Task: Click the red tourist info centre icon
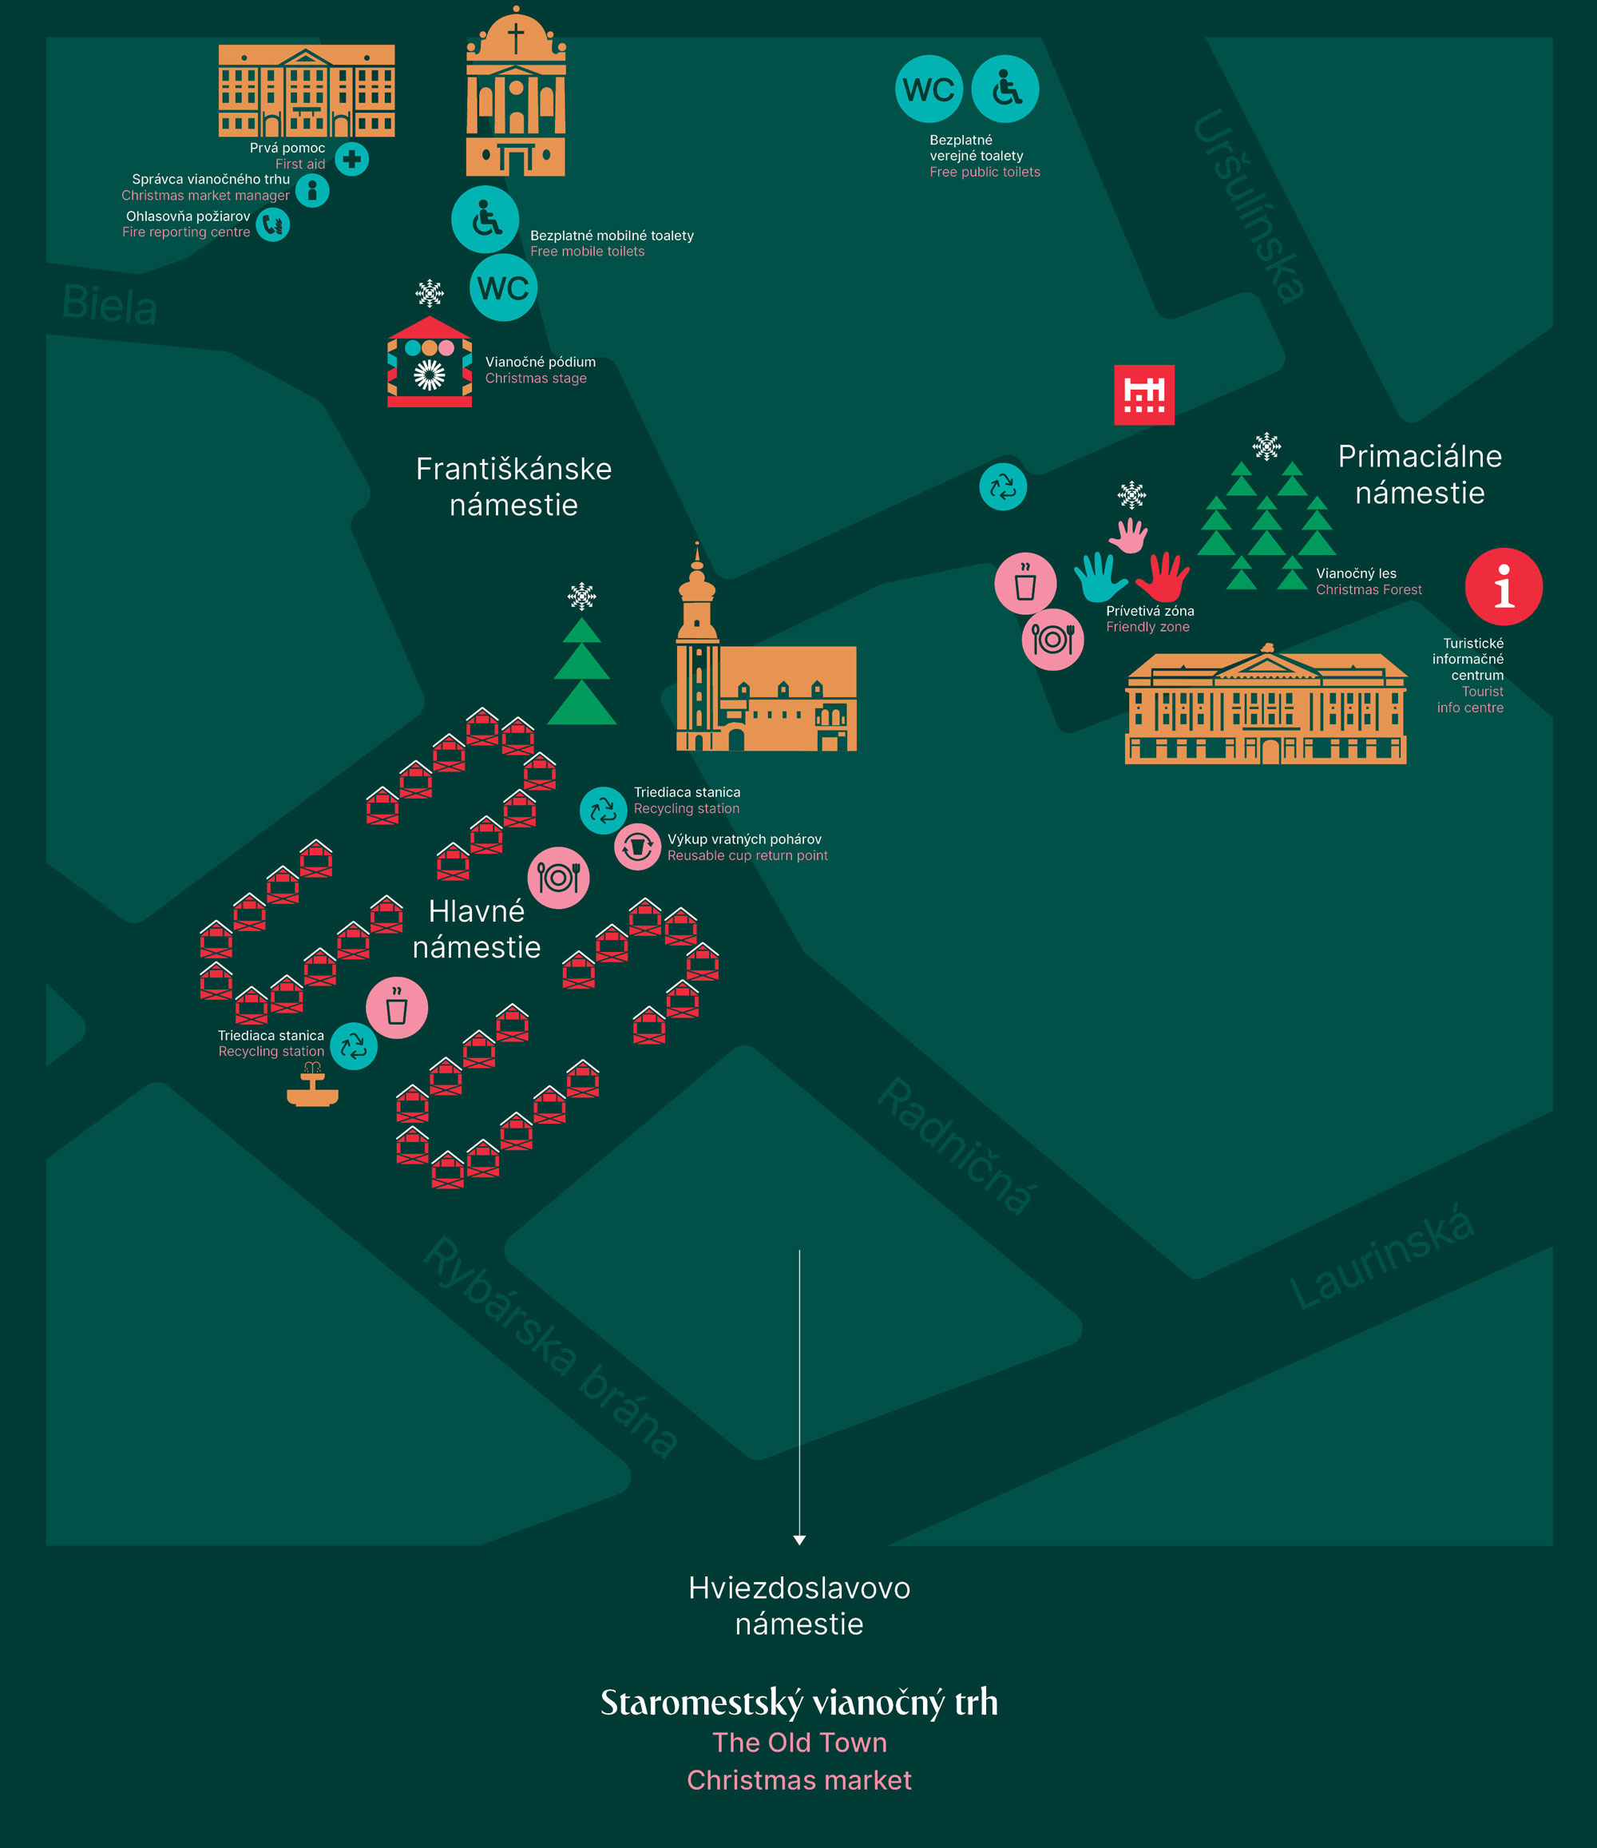[x=1504, y=586]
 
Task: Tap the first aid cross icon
[x=351, y=159]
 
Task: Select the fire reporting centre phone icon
[x=273, y=224]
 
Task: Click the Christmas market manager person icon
[x=312, y=190]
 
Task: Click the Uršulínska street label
[x=1248, y=205]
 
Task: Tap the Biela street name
[x=109, y=304]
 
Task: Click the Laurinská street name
[x=1381, y=1258]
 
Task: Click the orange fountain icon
[x=312, y=1087]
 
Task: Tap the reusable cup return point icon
[x=636, y=847]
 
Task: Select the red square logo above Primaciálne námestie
[x=1144, y=395]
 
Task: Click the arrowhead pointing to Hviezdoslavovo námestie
[x=799, y=1540]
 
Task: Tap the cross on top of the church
[x=515, y=38]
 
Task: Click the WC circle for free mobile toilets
[x=503, y=288]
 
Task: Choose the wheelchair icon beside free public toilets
[x=1005, y=89]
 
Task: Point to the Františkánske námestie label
[x=513, y=487]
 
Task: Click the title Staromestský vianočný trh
[x=799, y=1703]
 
